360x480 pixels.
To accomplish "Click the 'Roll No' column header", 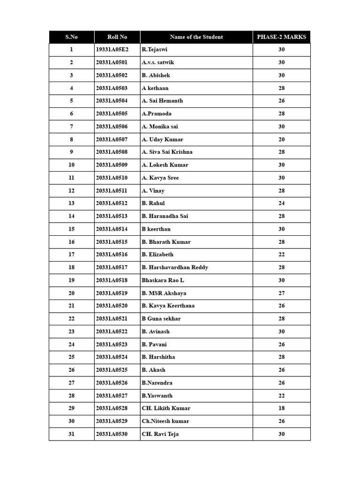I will (x=117, y=37).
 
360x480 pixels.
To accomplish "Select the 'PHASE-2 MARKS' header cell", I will (x=281, y=37).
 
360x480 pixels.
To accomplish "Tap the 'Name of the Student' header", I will (x=196, y=37).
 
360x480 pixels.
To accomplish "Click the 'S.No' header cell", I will (x=71, y=37).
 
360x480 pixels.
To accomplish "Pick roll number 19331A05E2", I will (x=112, y=50).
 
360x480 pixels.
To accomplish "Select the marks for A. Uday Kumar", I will (x=281, y=139).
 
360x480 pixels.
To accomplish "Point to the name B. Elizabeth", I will (x=157, y=255).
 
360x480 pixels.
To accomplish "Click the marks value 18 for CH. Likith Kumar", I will (x=281, y=408).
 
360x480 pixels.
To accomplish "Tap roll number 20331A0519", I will (x=112, y=293).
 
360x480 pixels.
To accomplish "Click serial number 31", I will (x=71, y=434).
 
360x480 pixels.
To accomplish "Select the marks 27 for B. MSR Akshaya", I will (x=281, y=293).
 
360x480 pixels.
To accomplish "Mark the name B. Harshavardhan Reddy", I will (x=175, y=267).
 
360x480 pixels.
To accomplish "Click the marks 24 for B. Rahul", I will (x=281, y=203).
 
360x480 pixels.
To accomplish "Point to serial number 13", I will (x=71, y=203).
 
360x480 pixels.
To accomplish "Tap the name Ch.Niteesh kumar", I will (x=165, y=421).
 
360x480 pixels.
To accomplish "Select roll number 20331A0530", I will (x=112, y=434).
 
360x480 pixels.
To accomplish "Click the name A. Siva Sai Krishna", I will (x=167, y=152).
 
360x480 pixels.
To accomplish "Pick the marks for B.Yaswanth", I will (x=281, y=396).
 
